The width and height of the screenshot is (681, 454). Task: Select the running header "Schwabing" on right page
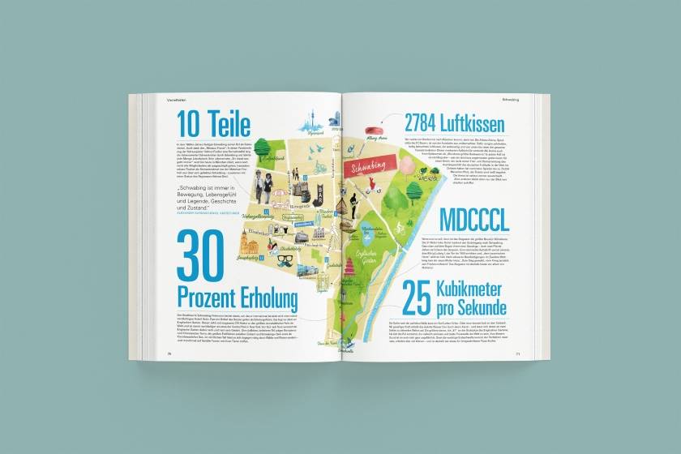pyautogui.click(x=510, y=100)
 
